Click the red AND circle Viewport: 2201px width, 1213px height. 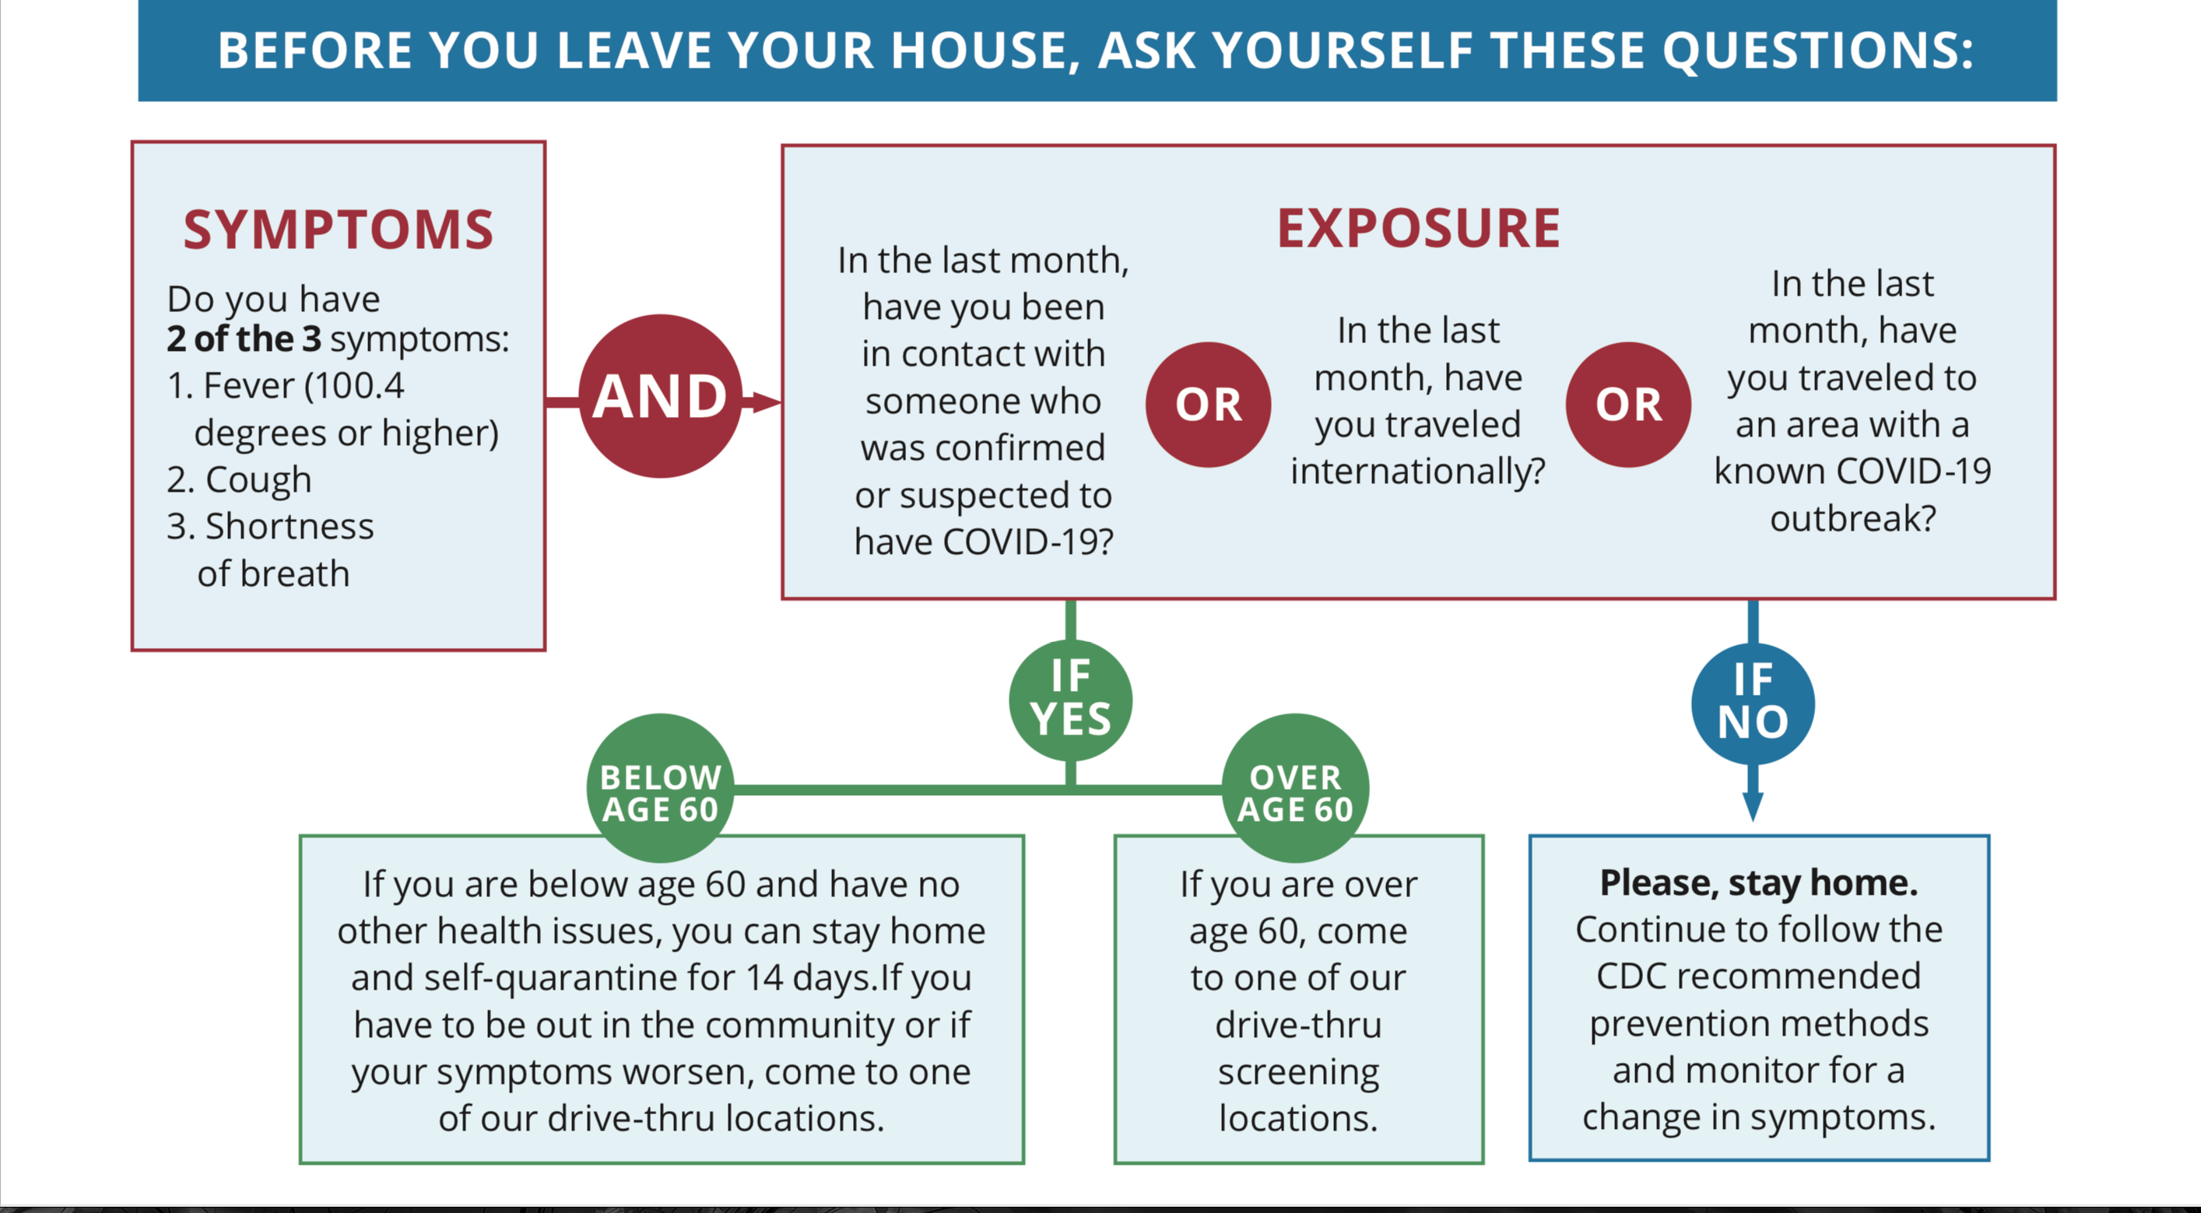pyautogui.click(x=661, y=396)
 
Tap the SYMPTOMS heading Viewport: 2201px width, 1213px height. pyautogui.click(x=339, y=230)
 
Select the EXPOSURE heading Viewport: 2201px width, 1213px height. pyautogui.click(x=1418, y=228)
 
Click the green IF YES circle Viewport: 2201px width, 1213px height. pyautogui.click(x=1071, y=699)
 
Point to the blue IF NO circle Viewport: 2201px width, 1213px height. pyautogui.click(x=1753, y=703)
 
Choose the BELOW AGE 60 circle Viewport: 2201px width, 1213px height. pyautogui.click(x=661, y=788)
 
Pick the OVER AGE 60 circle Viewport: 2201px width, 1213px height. pyautogui.click(x=1295, y=788)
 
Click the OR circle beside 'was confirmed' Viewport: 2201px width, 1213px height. pyautogui.click(x=1208, y=405)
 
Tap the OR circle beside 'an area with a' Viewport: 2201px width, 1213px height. pyautogui.click(x=1628, y=405)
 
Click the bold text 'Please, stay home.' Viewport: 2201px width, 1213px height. pyautogui.click(x=1759, y=883)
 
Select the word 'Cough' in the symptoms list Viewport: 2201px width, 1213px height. pyautogui.click(x=259, y=480)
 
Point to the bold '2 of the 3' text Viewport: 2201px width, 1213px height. pyautogui.click(x=244, y=339)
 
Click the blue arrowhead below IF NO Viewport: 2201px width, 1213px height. pyautogui.click(x=1753, y=806)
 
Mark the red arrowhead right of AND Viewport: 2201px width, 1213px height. pyautogui.click(x=766, y=401)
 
